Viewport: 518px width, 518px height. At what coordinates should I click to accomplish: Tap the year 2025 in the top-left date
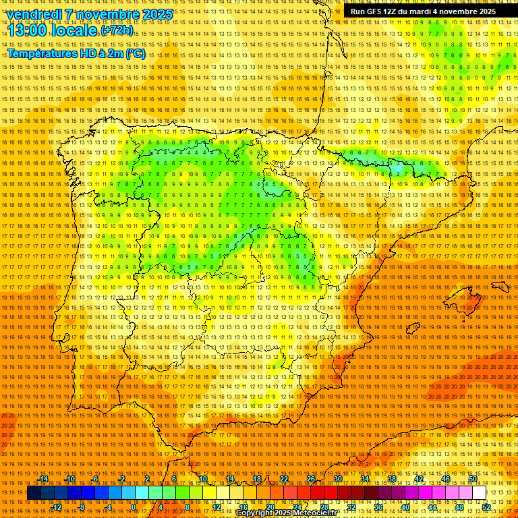(x=156, y=14)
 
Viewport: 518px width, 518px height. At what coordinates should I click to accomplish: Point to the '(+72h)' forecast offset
(x=116, y=31)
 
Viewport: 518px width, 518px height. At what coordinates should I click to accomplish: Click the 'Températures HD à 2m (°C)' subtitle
(x=76, y=53)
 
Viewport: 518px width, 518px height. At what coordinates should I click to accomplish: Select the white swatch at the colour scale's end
(x=479, y=493)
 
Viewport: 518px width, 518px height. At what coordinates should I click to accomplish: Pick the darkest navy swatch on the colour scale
(x=34, y=493)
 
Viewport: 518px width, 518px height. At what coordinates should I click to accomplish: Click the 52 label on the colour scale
(x=486, y=507)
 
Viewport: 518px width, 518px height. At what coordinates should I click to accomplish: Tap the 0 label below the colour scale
(x=134, y=507)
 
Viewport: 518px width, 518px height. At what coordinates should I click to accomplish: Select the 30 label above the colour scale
(x=337, y=479)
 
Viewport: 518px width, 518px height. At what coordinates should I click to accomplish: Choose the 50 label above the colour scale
(x=472, y=479)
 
